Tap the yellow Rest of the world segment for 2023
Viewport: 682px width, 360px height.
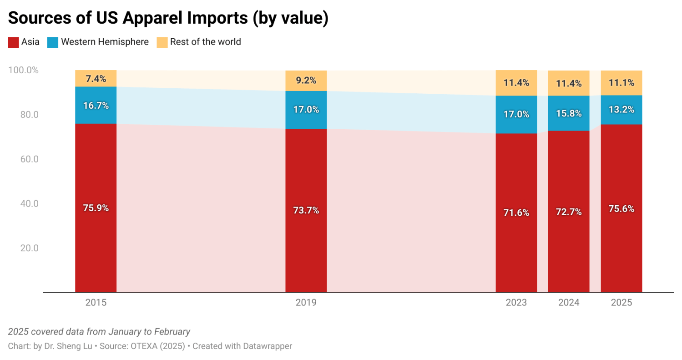click(x=516, y=83)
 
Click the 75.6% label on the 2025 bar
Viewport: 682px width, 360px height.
click(x=621, y=209)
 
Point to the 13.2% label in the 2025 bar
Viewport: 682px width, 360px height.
click(x=621, y=110)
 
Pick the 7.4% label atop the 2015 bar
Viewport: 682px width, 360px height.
click(x=96, y=79)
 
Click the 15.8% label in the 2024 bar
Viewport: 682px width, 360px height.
click(x=568, y=113)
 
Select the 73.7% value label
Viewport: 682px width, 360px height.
click(x=306, y=210)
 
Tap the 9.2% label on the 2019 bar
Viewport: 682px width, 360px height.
click(x=306, y=81)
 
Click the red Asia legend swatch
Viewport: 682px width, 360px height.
click(x=13, y=42)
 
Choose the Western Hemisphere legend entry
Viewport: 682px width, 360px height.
click(x=104, y=42)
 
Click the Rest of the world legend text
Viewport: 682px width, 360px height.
click(x=205, y=42)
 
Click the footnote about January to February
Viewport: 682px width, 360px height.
click(x=99, y=332)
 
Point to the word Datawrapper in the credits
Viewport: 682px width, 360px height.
click(x=266, y=346)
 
